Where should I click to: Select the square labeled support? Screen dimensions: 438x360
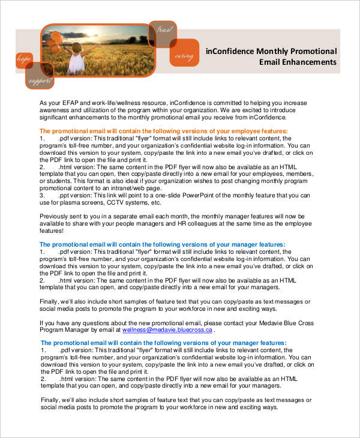39,77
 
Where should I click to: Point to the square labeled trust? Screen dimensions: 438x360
164,30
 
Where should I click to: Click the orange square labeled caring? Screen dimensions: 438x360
184,53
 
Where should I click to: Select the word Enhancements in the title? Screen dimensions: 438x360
305,62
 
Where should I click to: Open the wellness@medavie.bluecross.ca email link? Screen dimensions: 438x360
167,330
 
